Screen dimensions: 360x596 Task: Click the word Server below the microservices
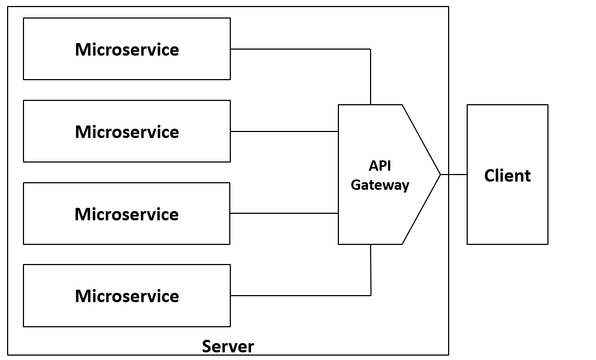(x=228, y=346)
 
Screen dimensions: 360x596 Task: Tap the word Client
(x=507, y=176)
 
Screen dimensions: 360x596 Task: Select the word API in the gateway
(x=380, y=166)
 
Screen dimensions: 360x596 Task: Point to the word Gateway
(x=380, y=185)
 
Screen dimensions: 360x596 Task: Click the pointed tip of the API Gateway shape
(x=440, y=175)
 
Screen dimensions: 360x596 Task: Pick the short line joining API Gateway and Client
(x=454, y=175)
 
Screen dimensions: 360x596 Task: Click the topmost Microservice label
(x=127, y=50)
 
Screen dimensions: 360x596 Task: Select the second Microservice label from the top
(x=127, y=132)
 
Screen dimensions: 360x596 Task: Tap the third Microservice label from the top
(x=127, y=214)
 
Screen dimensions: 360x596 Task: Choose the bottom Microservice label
(x=127, y=296)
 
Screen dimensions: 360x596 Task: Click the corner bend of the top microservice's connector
(x=371, y=49)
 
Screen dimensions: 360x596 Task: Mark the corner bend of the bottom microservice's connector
(x=371, y=296)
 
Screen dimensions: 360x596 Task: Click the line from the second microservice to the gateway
(x=284, y=131)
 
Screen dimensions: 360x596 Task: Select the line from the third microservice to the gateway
(x=284, y=213)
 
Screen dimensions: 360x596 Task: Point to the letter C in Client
(x=490, y=176)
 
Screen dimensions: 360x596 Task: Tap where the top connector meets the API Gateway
(x=371, y=105)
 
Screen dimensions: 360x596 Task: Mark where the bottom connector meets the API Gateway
(x=371, y=244)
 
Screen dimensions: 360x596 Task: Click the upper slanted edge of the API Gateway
(x=421, y=139)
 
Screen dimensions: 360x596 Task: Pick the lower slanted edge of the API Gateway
(x=421, y=210)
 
